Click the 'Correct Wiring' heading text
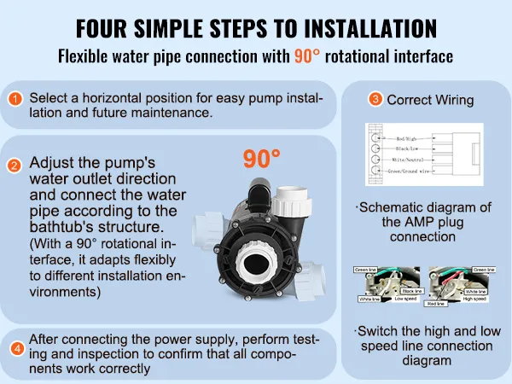pos(430,100)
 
